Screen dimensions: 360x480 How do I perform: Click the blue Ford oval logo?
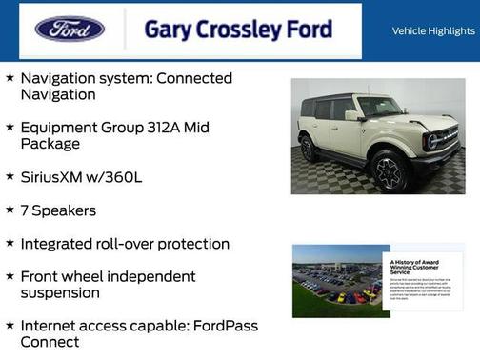70,29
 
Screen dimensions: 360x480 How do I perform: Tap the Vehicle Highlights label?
432,31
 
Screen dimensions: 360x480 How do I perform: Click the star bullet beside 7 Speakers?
10,209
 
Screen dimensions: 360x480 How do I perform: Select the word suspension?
60,293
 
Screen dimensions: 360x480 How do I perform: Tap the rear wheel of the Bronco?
309,149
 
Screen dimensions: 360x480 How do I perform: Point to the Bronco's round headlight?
433,140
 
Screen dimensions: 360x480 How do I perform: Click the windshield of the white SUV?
379,107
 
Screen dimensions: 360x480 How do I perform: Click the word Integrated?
58,244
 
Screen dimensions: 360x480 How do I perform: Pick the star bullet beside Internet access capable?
10,326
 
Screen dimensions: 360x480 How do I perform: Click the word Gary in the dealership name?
166,30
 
